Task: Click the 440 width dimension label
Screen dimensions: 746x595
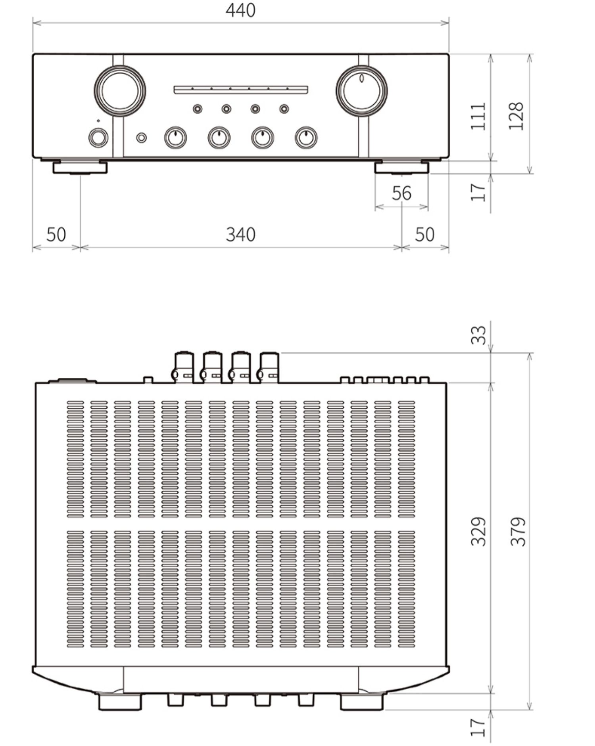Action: [x=240, y=10]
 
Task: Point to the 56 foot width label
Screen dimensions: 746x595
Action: [x=401, y=193]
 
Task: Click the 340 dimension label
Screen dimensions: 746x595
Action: [x=240, y=234]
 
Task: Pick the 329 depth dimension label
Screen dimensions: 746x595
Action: [x=478, y=531]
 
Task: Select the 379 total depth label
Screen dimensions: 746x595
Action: [x=518, y=531]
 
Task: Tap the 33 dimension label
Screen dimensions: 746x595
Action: [x=478, y=335]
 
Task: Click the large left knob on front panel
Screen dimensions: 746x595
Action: [x=120, y=91]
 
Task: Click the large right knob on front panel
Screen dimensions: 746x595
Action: [x=361, y=91]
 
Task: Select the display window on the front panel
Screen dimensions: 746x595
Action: [x=241, y=90]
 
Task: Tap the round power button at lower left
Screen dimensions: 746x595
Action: [x=98, y=138]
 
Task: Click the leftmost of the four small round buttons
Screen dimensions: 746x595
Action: [x=197, y=109]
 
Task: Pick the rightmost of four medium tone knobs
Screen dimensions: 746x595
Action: [x=306, y=138]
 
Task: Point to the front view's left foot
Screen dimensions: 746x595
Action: [x=80, y=167]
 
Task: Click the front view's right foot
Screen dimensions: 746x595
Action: [x=401, y=167]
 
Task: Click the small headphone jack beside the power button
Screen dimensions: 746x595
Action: [x=141, y=138]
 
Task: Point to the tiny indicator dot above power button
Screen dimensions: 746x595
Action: [x=98, y=121]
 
